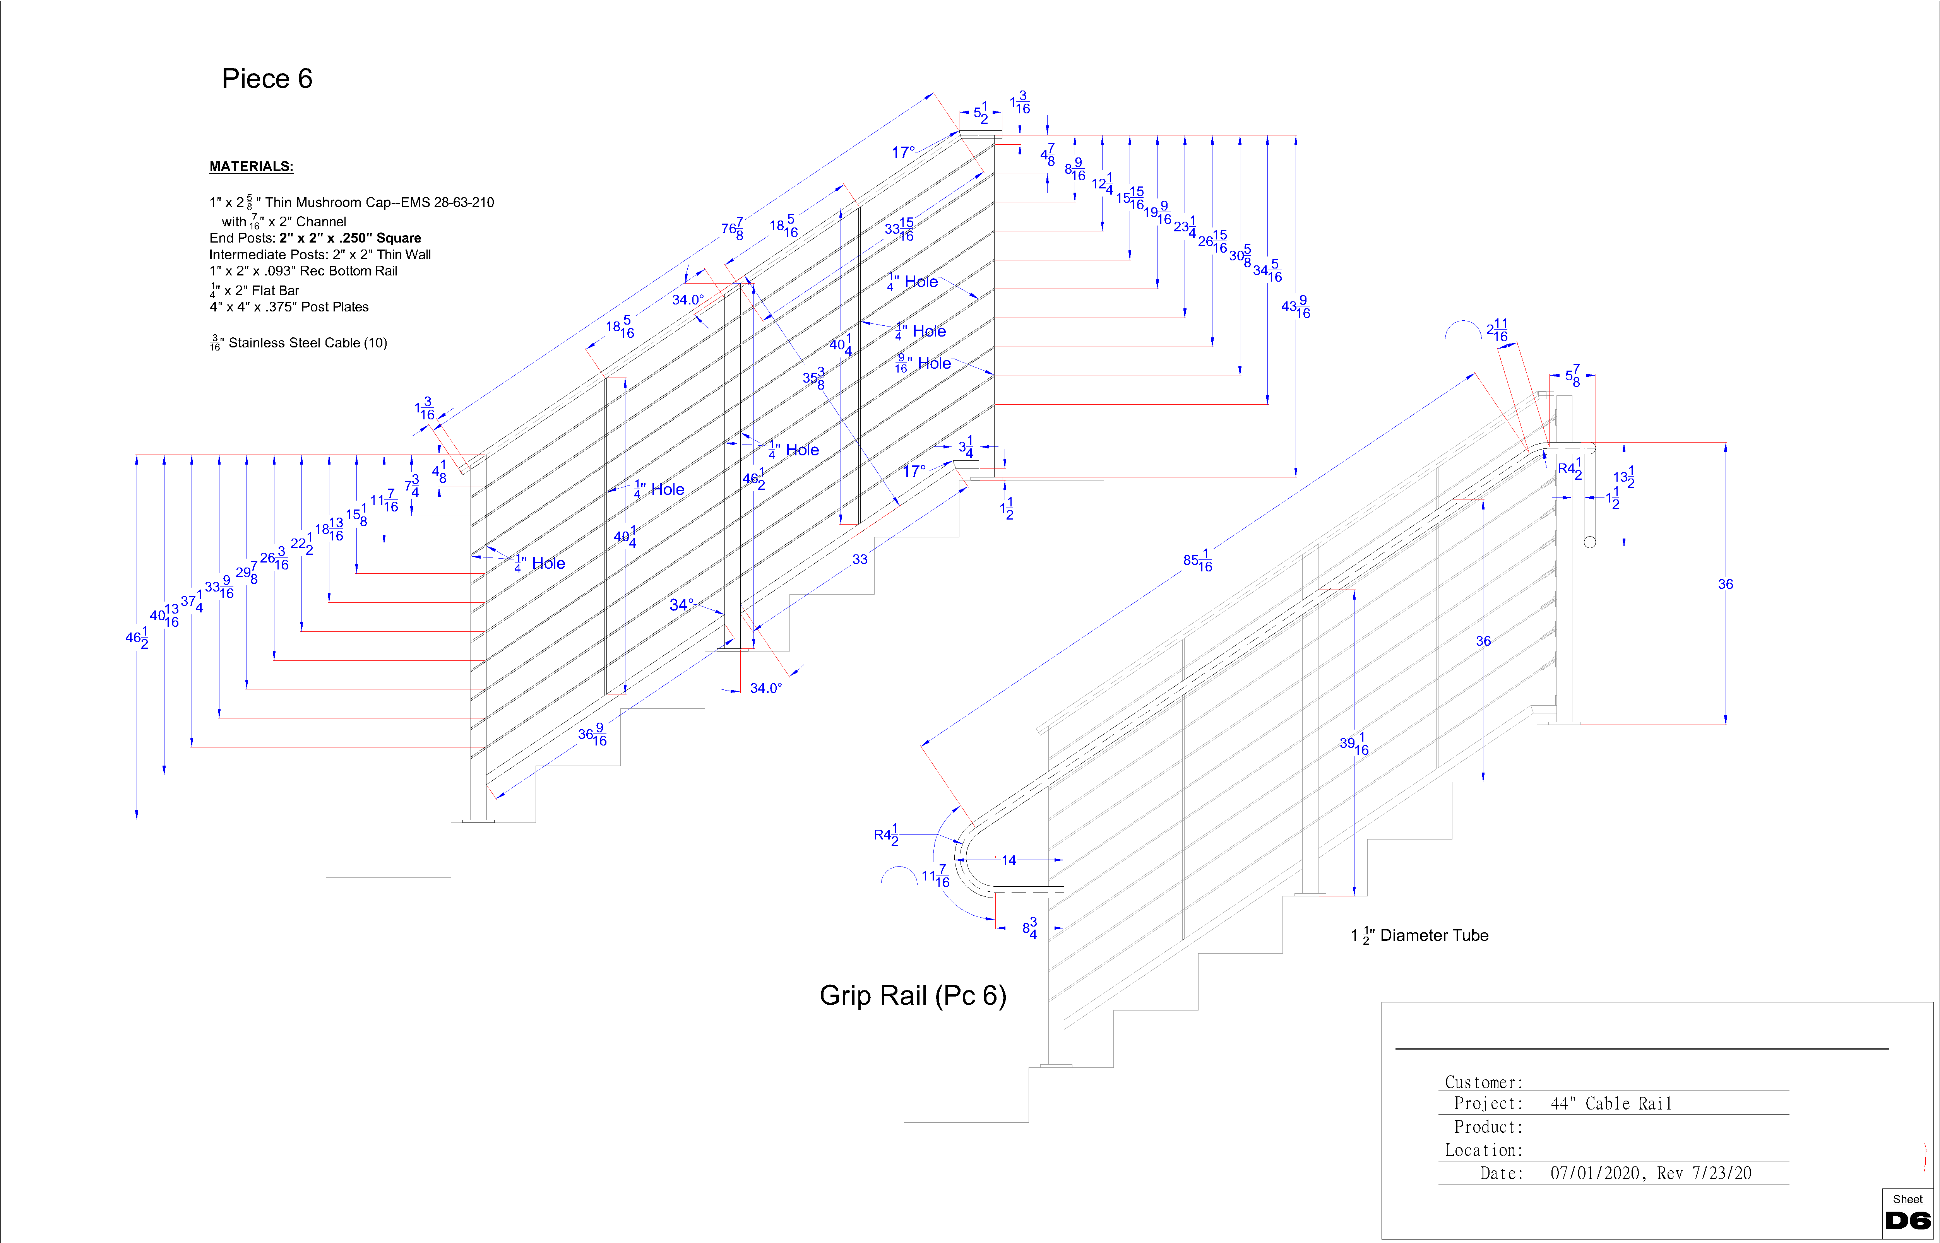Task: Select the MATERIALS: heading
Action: coord(251,166)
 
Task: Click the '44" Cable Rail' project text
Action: coord(1611,1103)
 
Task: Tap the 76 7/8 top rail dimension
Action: coord(732,228)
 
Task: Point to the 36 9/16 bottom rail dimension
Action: coord(592,735)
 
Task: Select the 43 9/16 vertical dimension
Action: coord(1295,307)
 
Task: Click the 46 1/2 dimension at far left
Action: coord(137,638)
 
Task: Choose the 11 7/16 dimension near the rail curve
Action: coord(936,876)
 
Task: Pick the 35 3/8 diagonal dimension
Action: coord(814,378)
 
